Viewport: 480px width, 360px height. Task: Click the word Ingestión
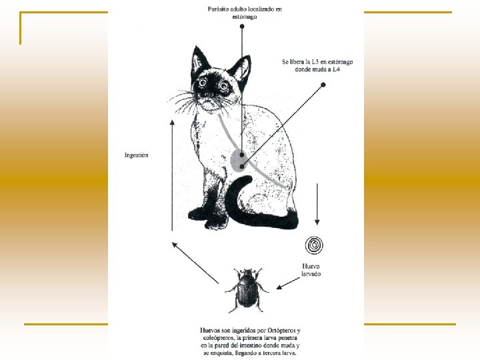pos(137,155)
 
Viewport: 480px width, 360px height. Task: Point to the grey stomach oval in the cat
pos(238,161)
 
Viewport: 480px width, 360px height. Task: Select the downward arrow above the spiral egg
pos(318,203)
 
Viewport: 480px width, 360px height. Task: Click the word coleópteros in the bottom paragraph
pos(219,338)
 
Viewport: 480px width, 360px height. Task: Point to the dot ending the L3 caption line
pos(323,85)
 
